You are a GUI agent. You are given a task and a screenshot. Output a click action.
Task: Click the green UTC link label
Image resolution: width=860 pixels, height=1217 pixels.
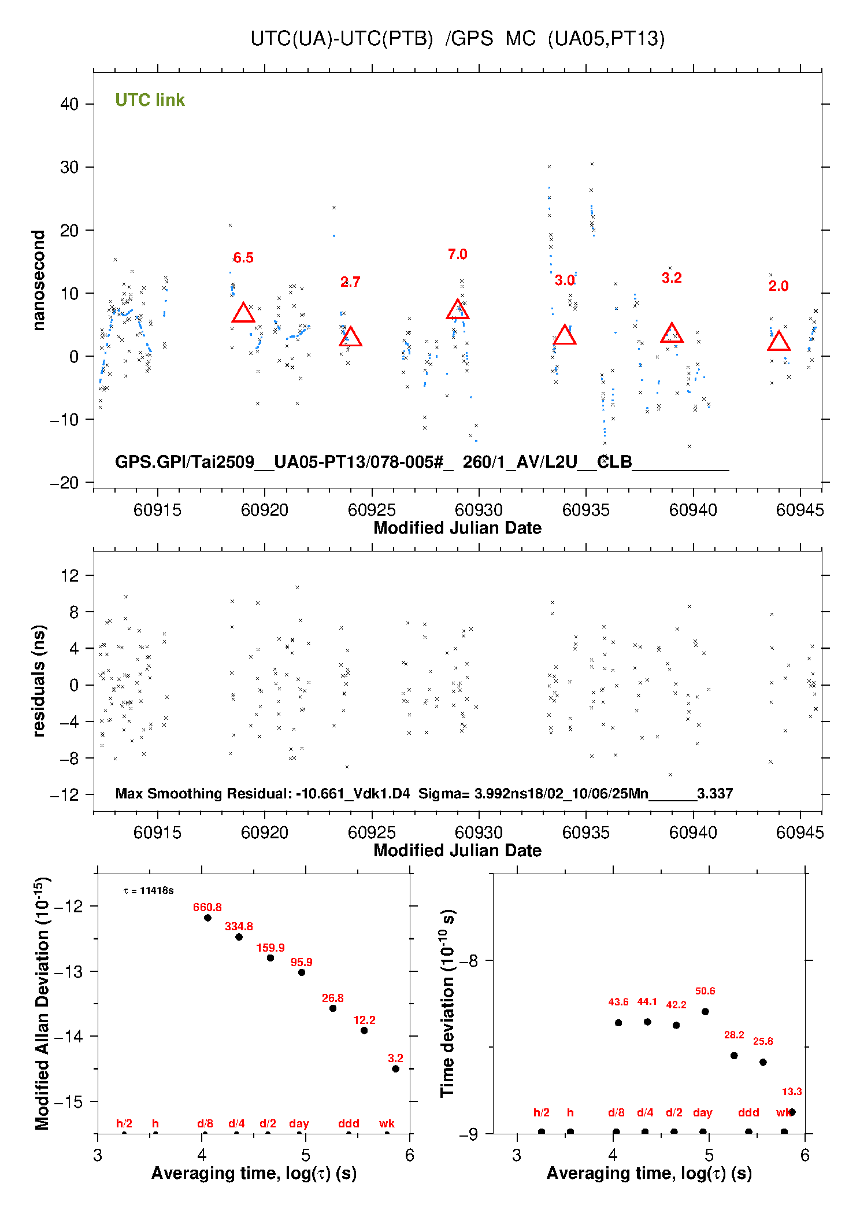coord(150,100)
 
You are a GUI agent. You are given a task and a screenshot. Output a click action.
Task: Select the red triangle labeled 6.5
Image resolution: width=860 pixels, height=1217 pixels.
coord(243,313)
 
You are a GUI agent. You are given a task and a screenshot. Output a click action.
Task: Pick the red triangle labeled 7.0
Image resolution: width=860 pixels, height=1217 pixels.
coord(458,310)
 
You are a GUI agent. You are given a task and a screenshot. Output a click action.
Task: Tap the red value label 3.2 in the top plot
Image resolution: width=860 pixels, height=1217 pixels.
coord(672,278)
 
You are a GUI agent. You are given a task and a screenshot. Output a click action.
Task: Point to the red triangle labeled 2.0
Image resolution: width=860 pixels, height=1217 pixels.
coord(779,342)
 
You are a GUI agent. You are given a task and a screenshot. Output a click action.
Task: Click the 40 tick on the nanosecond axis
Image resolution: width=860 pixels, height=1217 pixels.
coord(69,104)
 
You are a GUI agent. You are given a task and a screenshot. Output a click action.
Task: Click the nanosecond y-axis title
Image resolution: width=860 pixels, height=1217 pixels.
coord(39,280)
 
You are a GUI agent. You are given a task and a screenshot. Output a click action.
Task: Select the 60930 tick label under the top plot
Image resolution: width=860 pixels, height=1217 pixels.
coord(479,510)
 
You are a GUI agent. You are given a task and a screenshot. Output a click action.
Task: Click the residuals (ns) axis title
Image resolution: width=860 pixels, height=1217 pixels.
coord(39,680)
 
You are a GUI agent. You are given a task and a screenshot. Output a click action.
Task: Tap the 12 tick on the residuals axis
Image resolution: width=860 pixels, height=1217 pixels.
coord(69,575)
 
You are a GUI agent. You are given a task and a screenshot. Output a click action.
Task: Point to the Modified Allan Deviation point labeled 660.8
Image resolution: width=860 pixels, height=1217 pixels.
coord(207,918)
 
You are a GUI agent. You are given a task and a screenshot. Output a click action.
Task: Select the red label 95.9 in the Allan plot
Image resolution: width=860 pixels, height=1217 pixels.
coord(301,962)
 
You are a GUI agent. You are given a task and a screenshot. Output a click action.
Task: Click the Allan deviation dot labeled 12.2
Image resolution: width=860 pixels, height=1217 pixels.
coord(364,1030)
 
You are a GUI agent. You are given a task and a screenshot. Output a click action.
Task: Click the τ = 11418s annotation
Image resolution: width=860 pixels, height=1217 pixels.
coord(149,890)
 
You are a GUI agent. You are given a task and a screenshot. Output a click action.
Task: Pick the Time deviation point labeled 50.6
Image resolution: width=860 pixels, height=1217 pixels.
coord(705,1012)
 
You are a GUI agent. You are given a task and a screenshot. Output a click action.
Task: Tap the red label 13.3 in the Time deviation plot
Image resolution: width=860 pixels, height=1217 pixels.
coord(792,1092)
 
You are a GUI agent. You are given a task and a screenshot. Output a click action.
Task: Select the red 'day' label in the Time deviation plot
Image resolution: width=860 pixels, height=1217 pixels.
coord(702,1112)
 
